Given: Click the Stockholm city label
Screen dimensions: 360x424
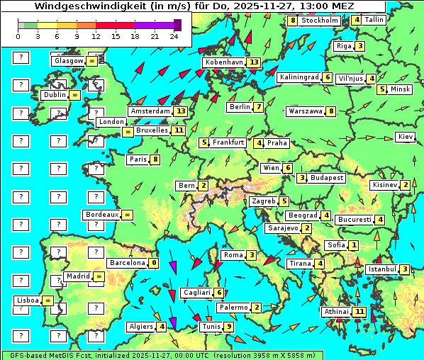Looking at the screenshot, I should coord(319,21).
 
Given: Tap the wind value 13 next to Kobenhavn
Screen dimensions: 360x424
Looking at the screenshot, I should coord(254,62).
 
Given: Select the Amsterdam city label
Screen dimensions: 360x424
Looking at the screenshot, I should coord(151,111).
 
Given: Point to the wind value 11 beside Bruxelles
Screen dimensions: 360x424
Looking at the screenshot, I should coord(178,130).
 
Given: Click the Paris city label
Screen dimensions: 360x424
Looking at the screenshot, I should coord(138,159).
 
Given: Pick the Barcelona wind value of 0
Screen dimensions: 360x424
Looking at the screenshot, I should coord(154,262).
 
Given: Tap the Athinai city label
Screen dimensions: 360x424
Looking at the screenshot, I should coord(335,312).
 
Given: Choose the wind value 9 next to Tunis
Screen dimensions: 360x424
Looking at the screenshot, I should coord(228,327).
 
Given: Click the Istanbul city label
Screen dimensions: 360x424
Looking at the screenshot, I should coord(382,269).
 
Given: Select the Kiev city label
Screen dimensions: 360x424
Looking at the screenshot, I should coord(406,136).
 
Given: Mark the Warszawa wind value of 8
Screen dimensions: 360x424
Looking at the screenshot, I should coord(330,111).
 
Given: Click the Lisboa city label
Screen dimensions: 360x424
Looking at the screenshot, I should coord(28,300).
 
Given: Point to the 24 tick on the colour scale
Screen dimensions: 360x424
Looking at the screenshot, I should coord(173,35).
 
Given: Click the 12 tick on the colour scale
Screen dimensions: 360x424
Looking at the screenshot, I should coord(96,35).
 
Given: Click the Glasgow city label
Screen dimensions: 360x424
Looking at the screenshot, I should coord(68,61).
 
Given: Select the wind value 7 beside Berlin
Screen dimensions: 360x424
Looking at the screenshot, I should coord(260,107).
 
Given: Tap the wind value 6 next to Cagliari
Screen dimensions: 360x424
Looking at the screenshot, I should coord(220,293).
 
